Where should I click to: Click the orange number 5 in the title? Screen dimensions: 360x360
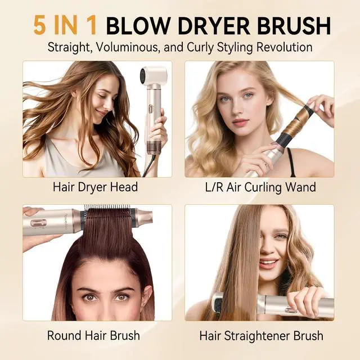[x=39, y=25]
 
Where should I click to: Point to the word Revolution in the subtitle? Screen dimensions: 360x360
[x=284, y=47]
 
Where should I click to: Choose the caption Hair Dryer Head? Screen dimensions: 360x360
[x=95, y=187]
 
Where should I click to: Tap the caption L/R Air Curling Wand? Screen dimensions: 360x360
[x=260, y=187]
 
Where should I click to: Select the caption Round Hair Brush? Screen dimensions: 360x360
[x=93, y=335]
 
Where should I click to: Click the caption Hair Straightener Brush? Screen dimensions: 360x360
[x=261, y=336]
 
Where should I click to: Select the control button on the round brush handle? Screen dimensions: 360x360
[x=38, y=223]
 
